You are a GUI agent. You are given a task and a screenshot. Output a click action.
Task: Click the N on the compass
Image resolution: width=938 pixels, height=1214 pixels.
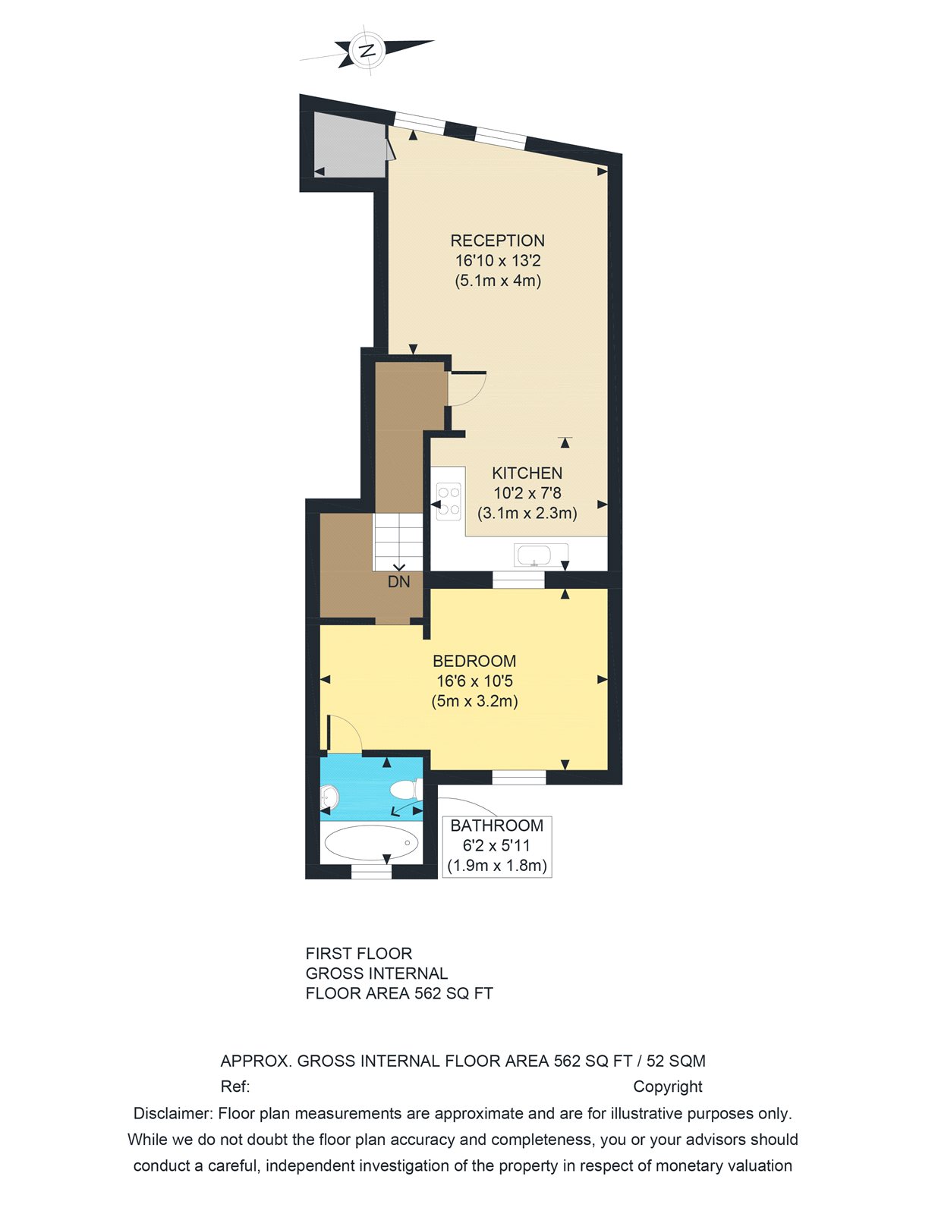[368, 52]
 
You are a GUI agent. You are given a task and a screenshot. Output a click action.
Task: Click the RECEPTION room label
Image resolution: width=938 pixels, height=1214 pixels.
[497, 241]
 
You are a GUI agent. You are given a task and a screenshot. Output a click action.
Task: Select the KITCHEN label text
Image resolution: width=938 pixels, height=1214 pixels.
[527, 473]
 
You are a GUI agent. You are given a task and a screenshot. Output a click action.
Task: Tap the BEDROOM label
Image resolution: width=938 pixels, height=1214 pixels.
[474, 661]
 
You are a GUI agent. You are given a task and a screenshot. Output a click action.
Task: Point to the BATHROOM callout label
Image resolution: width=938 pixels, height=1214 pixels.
[497, 826]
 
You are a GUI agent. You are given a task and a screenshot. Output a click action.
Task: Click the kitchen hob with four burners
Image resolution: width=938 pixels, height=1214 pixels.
[449, 502]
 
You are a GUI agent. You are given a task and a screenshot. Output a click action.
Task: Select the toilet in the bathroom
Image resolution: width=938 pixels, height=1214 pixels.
[406, 789]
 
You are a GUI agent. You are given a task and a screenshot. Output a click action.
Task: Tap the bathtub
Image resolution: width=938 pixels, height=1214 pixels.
[371, 842]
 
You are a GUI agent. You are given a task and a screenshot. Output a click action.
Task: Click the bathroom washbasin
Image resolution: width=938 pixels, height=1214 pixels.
[329, 797]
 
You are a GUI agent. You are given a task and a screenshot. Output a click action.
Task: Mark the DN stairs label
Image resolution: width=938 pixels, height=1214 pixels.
[398, 582]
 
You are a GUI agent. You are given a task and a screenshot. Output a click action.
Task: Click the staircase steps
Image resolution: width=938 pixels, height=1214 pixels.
[398, 541]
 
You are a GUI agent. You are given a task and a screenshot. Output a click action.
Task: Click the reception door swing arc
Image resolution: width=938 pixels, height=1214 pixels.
[466, 388]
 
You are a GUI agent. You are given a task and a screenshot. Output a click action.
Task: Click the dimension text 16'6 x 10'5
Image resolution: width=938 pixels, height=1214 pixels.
[474, 681]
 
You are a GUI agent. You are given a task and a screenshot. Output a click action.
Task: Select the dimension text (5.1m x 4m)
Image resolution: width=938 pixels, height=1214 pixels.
[497, 281]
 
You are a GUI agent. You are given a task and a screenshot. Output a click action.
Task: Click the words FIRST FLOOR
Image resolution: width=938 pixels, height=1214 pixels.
[358, 954]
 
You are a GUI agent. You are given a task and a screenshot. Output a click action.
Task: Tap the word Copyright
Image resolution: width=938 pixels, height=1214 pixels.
[667, 1087]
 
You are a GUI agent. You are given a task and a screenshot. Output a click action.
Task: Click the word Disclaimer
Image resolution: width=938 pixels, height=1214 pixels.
[172, 1113]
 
